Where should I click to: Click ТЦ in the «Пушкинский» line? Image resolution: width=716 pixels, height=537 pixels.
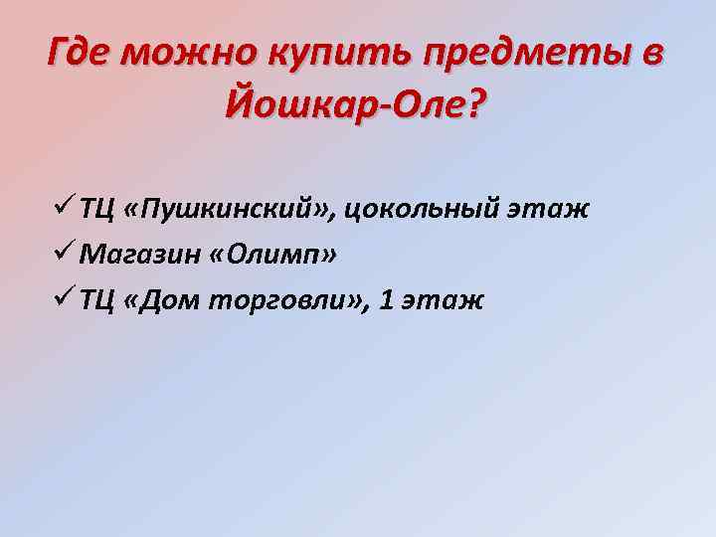coord(97,212)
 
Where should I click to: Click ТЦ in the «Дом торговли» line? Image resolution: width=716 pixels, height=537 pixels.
coord(97,301)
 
